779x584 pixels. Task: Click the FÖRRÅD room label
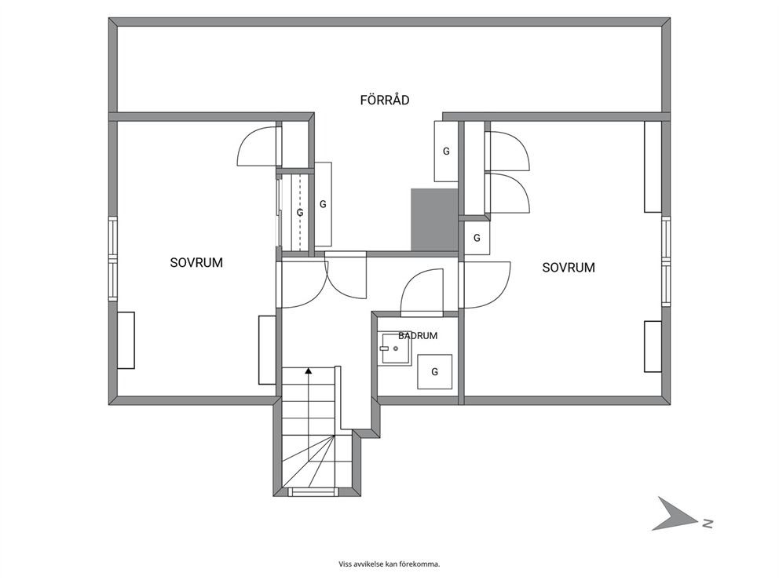pos(385,100)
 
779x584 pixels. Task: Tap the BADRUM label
pos(418,336)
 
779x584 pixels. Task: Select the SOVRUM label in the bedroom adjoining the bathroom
pos(569,268)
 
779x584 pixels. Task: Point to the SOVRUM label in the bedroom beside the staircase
pos(196,263)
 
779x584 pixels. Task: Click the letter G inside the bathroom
pos(435,371)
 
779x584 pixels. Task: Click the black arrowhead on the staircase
pos(309,370)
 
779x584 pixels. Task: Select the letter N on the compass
pos(708,523)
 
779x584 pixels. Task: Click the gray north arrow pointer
pos(675,514)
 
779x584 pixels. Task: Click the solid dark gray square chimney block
pos(434,220)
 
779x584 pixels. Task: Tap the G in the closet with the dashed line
pos(299,213)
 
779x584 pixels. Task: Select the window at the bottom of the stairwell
pos(313,491)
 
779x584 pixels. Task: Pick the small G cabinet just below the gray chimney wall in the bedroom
pos(477,238)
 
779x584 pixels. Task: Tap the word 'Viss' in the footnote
pos(345,564)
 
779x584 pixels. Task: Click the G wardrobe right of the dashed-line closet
pos(323,204)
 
